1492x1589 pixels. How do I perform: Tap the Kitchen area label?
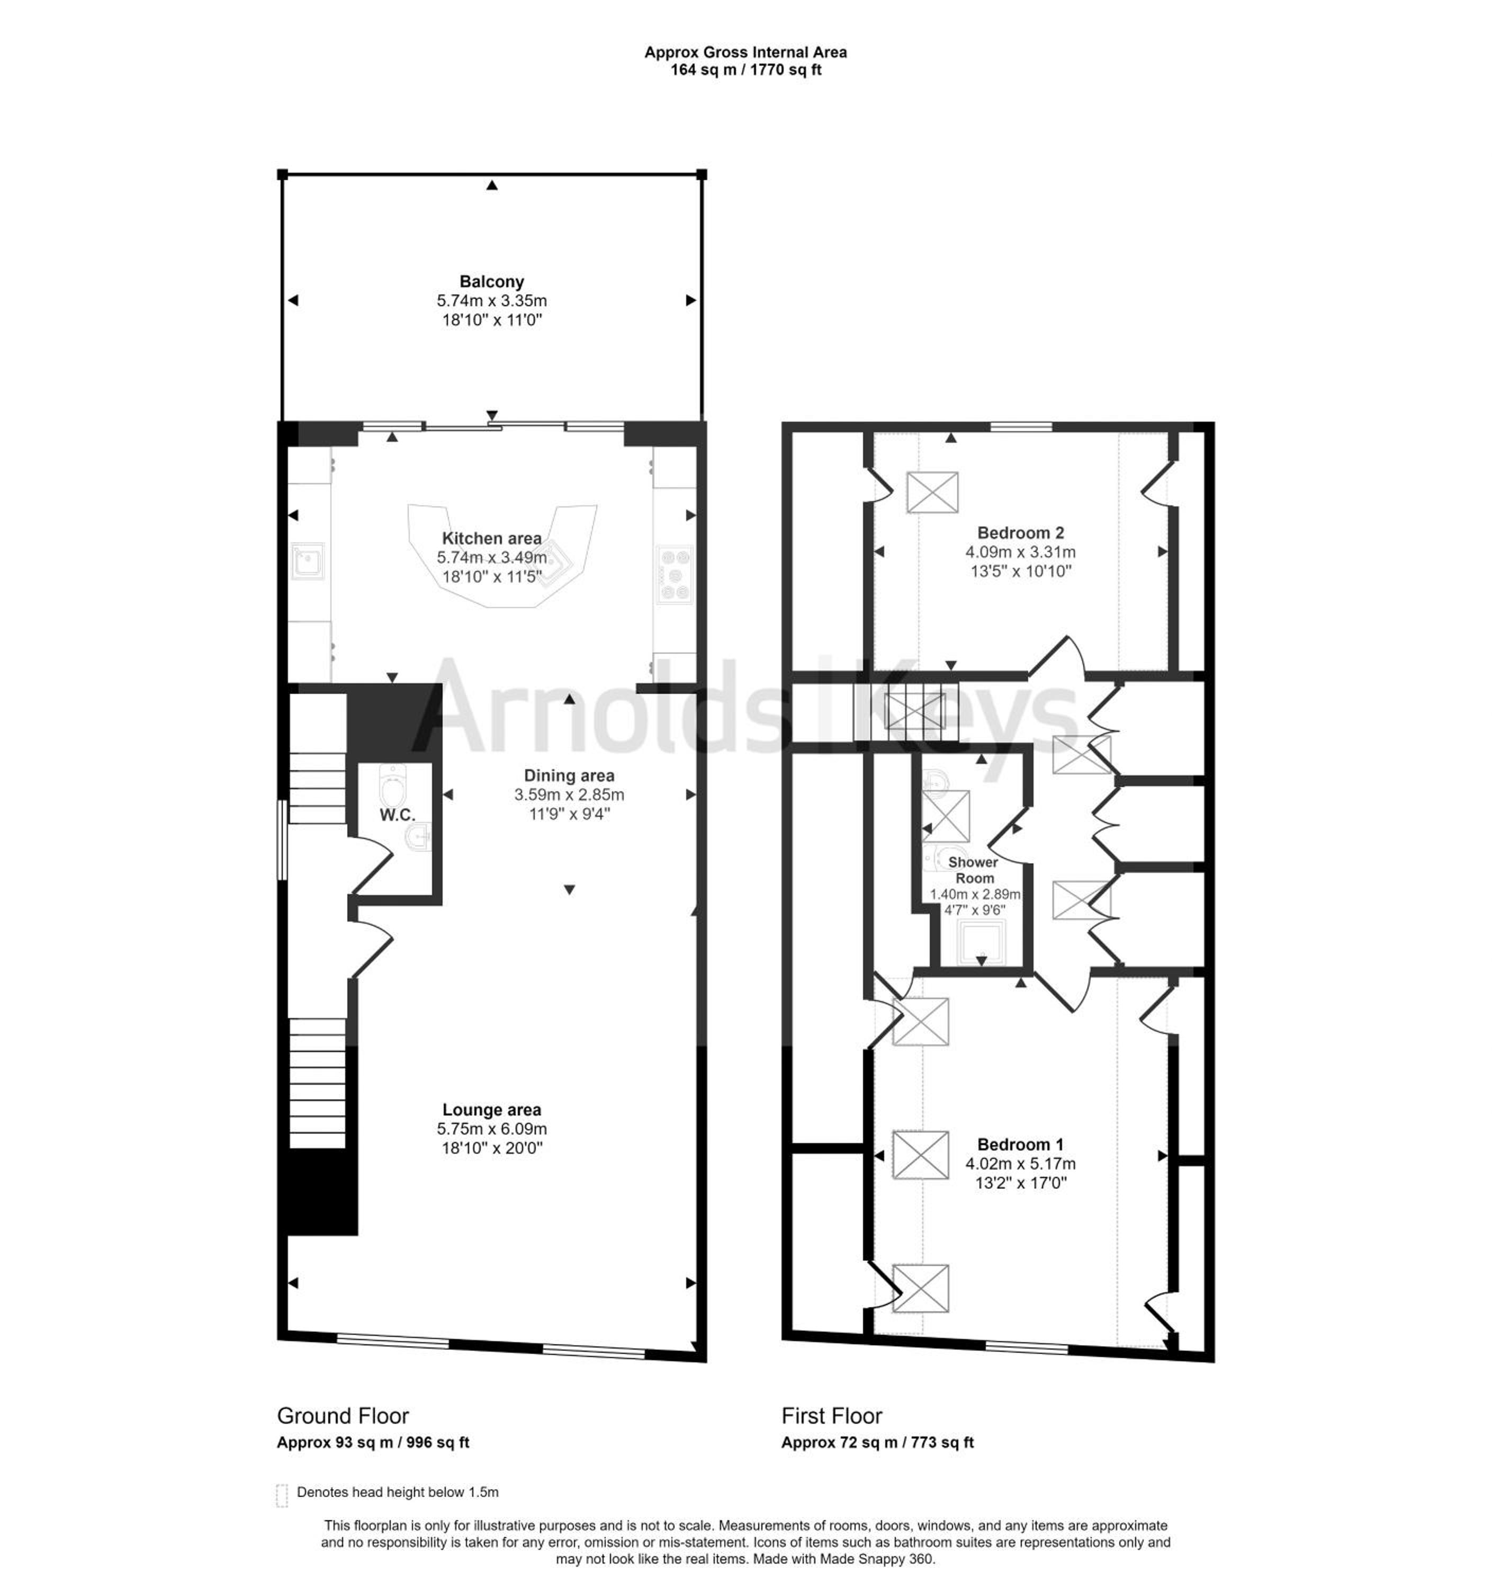491,539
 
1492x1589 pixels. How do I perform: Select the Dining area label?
569,775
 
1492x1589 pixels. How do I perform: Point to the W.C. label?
397,815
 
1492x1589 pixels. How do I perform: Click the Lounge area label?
491,1110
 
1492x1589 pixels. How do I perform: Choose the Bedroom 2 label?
1020,532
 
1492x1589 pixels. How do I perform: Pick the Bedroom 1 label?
1020,1145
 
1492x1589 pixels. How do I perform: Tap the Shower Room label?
973,870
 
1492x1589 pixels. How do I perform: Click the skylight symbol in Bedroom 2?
932,493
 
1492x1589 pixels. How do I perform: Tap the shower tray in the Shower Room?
981,942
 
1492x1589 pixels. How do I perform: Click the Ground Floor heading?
343,1416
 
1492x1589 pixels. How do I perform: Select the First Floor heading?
832,1416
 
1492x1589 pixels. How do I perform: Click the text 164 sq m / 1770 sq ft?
745,69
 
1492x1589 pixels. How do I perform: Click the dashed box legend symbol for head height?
281,1495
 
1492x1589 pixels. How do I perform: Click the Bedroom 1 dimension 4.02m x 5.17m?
1020,1164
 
